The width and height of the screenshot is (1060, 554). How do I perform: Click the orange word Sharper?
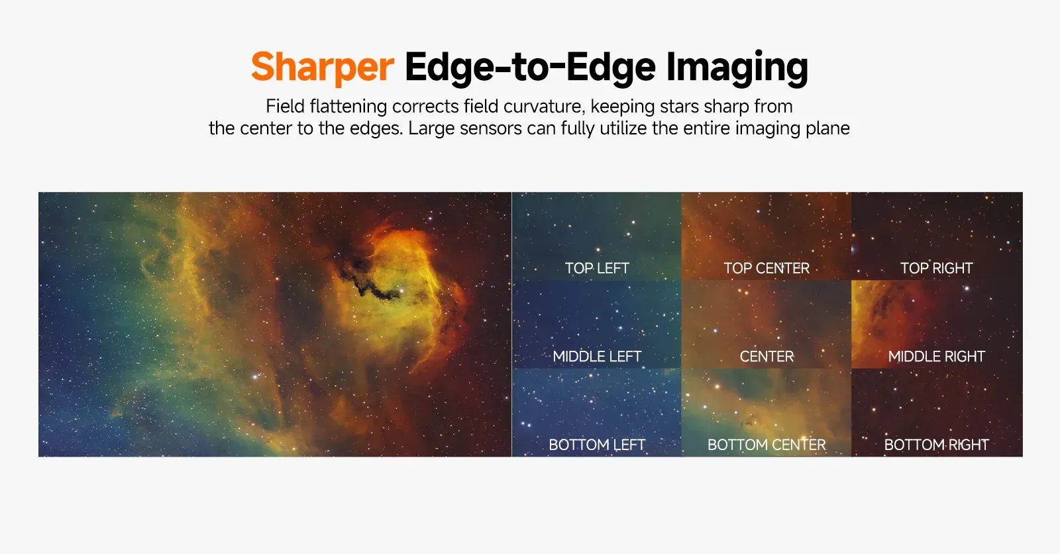[322, 68]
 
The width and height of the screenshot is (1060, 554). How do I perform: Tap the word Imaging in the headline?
[737, 68]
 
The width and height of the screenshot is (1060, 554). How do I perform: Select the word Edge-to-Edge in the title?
[530, 67]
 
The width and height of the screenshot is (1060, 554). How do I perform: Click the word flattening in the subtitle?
[348, 107]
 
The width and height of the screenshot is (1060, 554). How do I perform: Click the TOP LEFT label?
[597, 268]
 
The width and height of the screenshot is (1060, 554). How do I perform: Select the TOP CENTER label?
[767, 268]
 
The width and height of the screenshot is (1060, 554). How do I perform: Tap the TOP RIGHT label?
[936, 268]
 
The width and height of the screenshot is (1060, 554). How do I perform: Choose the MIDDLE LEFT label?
[597, 356]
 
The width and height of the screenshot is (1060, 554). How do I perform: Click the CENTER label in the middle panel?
[767, 356]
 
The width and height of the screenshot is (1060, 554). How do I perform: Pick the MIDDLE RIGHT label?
[936, 356]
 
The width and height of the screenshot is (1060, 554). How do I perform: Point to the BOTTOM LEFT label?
[597, 445]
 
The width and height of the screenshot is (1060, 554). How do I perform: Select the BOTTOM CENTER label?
[767, 445]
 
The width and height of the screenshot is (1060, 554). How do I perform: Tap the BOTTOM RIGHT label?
[936, 445]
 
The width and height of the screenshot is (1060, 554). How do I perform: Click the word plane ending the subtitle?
[828, 129]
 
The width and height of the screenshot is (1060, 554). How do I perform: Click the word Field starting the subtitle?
[285, 107]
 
